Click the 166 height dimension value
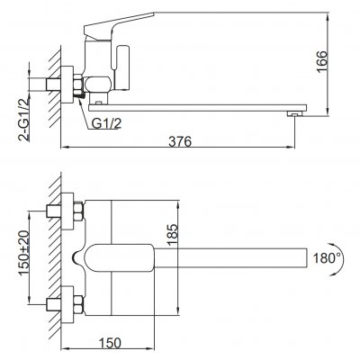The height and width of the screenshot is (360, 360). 334,58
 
